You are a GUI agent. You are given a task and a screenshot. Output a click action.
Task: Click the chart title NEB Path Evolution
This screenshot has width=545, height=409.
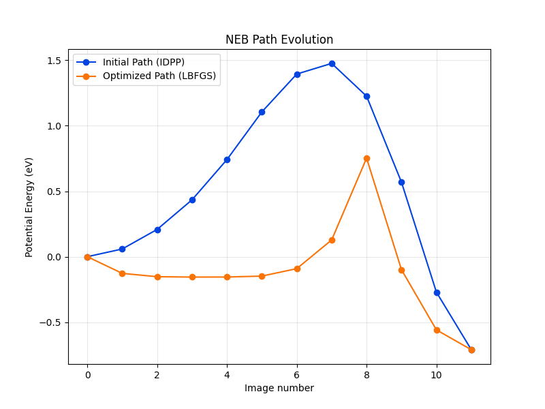point(279,40)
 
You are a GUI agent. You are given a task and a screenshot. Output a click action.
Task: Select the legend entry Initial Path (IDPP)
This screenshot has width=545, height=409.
point(143,62)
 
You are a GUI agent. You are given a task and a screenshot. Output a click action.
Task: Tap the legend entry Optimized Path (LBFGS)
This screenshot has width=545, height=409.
point(159,76)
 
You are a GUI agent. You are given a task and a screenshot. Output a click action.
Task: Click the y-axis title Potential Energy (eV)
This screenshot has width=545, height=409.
point(29,207)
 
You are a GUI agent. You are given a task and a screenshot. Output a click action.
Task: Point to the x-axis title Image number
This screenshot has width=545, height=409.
point(279,388)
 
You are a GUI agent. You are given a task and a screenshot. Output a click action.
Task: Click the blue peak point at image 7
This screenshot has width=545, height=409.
point(332,63)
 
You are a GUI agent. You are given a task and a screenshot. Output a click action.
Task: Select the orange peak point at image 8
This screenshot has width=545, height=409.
point(367,158)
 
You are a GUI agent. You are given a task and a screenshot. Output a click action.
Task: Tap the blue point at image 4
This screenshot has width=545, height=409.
point(227,160)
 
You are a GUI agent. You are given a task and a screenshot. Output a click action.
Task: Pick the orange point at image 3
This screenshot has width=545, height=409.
point(192,277)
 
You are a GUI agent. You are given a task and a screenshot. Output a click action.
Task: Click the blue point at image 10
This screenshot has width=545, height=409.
point(437,292)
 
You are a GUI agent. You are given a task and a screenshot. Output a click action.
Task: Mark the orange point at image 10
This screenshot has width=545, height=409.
point(437,330)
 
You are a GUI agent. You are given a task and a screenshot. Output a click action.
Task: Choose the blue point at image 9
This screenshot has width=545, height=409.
point(401,182)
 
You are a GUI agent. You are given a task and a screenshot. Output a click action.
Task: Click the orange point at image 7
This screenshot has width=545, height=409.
point(332,240)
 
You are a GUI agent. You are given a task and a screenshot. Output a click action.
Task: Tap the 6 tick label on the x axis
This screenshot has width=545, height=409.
point(297,374)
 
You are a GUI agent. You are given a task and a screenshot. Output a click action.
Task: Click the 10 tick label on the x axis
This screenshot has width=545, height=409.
point(437,374)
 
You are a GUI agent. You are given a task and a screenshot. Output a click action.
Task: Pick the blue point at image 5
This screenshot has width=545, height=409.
point(262,112)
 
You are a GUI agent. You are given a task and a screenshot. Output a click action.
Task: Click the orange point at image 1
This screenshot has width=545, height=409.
point(122,273)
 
